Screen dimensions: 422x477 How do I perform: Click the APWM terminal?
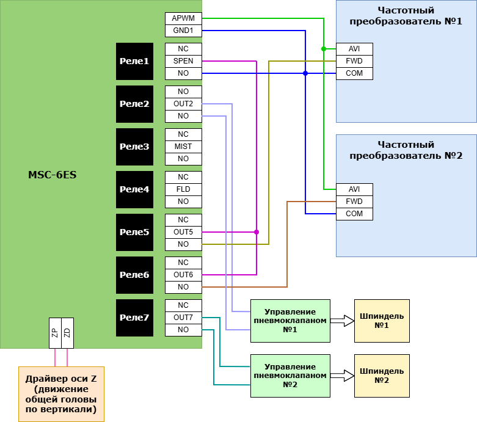(x=183, y=18)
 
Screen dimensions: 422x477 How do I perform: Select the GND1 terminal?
(x=183, y=31)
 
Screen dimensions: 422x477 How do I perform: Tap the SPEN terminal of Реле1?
(x=183, y=61)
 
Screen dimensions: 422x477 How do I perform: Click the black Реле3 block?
(x=134, y=147)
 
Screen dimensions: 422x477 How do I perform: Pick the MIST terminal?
(x=183, y=147)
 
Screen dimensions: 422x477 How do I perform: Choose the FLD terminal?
(x=183, y=189)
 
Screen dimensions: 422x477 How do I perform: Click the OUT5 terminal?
(x=183, y=232)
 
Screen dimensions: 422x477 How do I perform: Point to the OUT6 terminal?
(x=183, y=275)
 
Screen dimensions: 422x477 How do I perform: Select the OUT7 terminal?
(x=183, y=318)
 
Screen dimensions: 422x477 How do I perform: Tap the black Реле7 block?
(x=134, y=318)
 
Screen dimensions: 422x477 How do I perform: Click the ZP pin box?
(x=55, y=333)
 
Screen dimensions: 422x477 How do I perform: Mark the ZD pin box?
(x=67, y=333)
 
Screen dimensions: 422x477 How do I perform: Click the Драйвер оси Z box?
(x=61, y=394)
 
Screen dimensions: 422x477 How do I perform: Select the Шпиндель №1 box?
(x=382, y=321)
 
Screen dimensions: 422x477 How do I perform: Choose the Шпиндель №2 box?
(x=382, y=376)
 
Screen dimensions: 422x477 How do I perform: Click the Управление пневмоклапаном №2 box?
(x=290, y=376)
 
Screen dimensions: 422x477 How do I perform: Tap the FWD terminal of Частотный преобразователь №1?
(x=354, y=61)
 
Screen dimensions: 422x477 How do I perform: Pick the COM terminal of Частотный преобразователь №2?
(x=354, y=214)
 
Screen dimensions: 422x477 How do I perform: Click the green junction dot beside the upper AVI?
(x=324, y=49)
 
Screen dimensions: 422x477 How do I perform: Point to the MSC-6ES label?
(x=53, y=175)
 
